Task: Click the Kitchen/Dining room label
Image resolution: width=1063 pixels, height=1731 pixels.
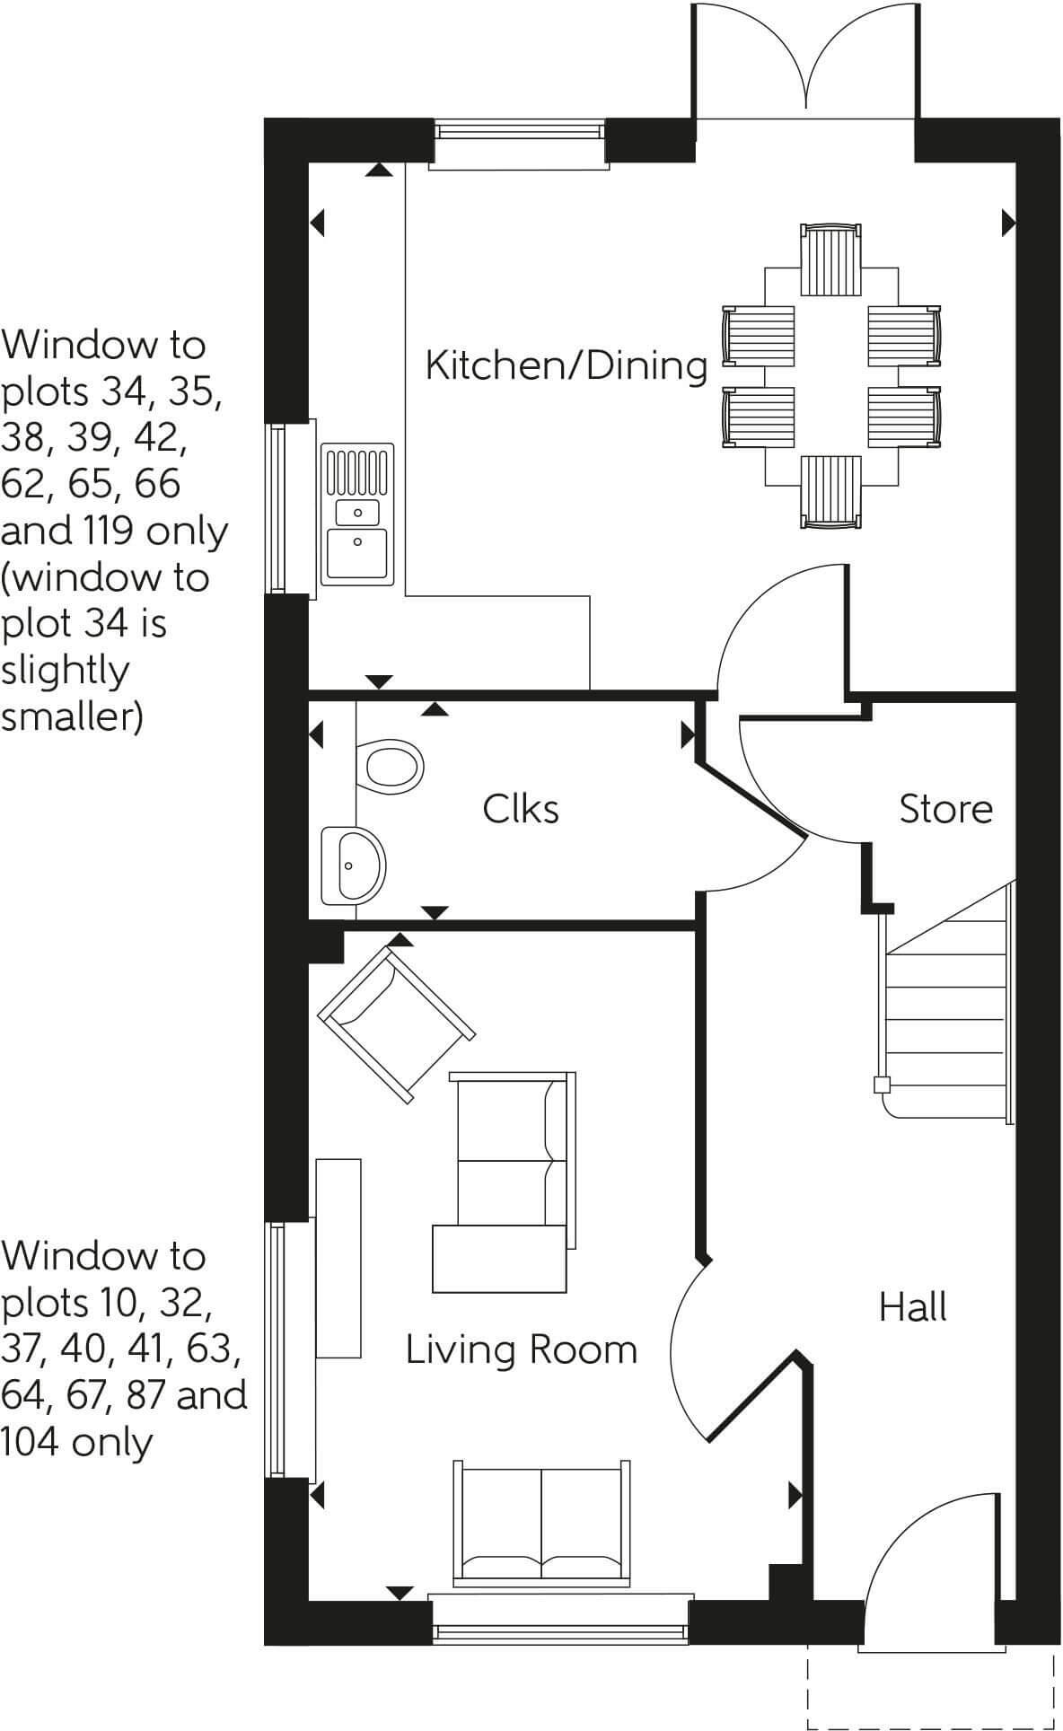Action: pos(567,365)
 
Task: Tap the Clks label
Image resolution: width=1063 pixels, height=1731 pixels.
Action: pos(521,809)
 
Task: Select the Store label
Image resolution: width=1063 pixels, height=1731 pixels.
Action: pos(946,809)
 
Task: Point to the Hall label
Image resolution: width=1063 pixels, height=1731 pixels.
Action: pos(913,1307)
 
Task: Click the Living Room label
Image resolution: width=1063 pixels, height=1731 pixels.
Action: pos(522,1349)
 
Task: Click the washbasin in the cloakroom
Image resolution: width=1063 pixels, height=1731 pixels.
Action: pos(352,865)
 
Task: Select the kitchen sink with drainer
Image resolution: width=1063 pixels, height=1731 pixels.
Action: pos(357,513)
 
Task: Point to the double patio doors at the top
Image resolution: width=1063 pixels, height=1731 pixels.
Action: pos(805,63)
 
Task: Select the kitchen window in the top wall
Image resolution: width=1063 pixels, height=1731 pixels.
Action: pos(519,144)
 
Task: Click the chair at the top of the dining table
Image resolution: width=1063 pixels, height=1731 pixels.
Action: pos(830,259)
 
